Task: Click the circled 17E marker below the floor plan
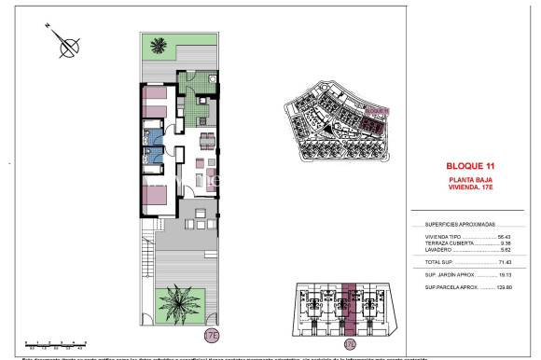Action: (211, 335)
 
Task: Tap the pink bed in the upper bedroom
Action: (154, 101)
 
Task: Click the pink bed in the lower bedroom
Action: (154, 195)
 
